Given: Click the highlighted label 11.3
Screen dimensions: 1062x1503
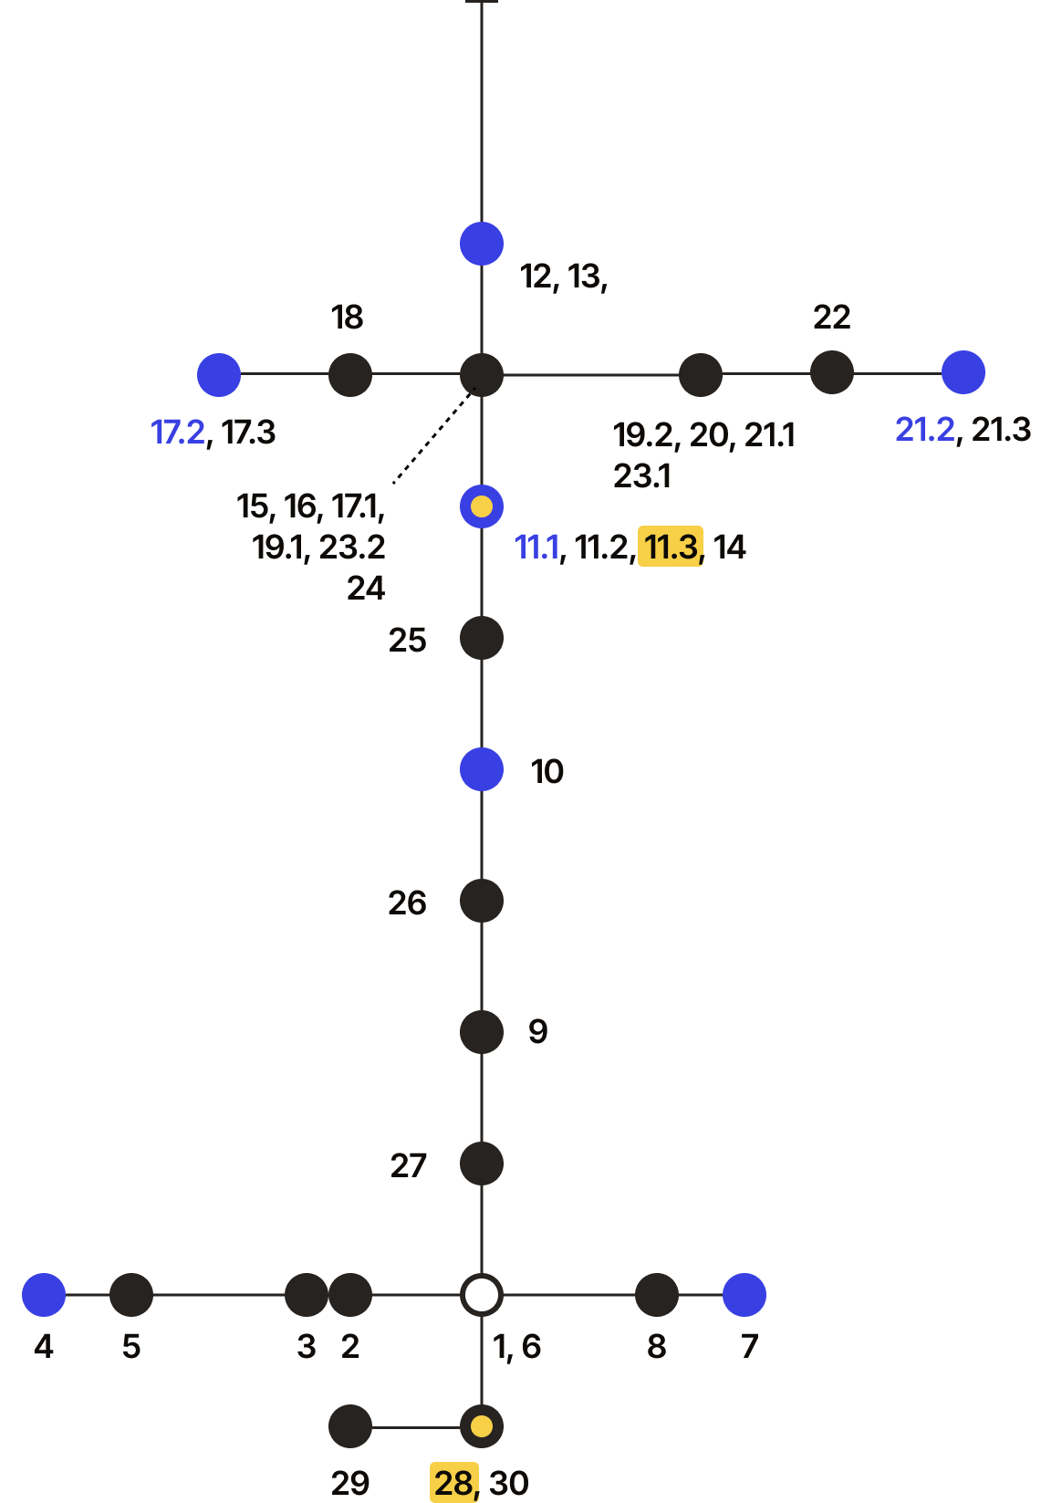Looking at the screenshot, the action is [671, 547].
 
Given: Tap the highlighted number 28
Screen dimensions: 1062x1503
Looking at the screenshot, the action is [454, 1482].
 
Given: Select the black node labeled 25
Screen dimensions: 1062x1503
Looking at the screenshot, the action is [482, 638].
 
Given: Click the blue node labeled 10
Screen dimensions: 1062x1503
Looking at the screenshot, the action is [482, 769].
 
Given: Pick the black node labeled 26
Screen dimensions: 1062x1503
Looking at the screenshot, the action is [482, 901].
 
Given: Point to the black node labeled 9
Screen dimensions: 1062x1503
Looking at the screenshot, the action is [482, 1032].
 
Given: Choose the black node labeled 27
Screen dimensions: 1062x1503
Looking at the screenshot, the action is [482, 1164].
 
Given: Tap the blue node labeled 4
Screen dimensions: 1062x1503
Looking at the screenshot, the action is [44, 1295].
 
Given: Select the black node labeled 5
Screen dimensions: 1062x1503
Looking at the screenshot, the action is [131, 1295].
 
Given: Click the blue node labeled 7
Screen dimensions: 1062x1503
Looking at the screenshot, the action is [744, 1295].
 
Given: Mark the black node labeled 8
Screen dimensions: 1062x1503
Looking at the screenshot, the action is [657, 1295].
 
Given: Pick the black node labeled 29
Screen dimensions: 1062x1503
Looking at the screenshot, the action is [350, 1426].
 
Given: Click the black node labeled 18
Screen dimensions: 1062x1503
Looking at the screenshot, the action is [350, 374].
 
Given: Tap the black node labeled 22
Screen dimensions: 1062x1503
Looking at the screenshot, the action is [832, 372].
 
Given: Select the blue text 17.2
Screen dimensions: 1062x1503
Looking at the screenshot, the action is [178, 433].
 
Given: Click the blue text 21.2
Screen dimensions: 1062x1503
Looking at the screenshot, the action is [925, 430].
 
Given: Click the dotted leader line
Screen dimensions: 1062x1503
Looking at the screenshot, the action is [433, 435].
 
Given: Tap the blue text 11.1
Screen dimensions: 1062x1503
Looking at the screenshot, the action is [536, 547].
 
